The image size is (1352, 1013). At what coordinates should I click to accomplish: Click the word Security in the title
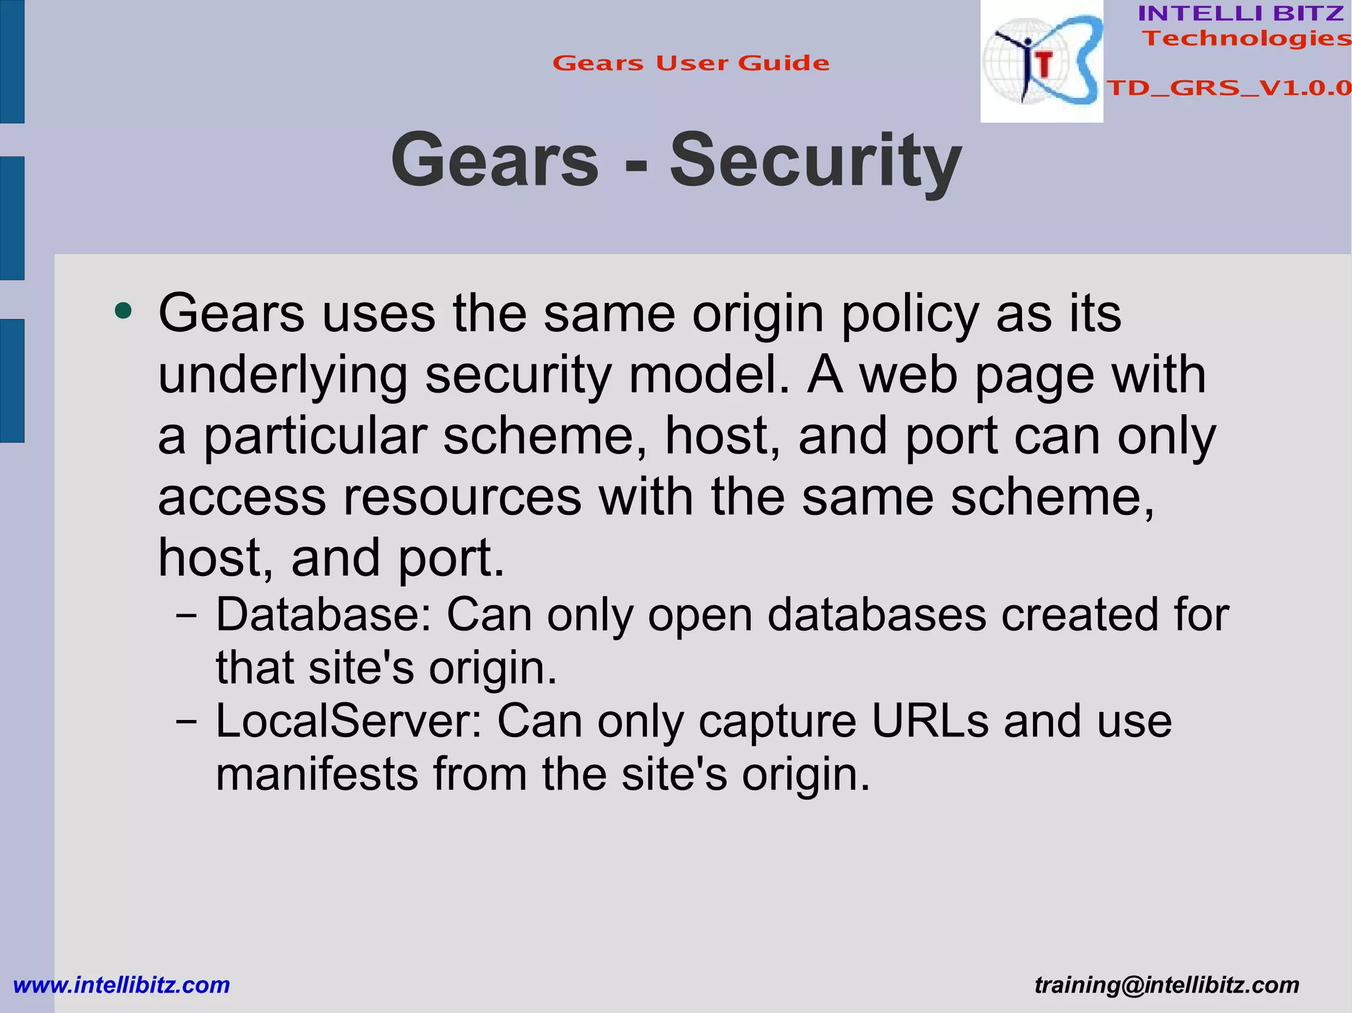coord(815,160)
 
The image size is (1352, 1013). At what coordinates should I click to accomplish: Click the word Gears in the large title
coord(494,160)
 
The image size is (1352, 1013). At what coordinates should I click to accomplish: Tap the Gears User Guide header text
coord(691,63)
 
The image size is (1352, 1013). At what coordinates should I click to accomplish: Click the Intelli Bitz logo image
coord(1041,61)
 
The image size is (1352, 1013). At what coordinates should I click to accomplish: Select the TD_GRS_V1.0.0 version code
coord(1229,88)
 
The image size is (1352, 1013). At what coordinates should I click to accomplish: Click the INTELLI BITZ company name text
coord(1240,13)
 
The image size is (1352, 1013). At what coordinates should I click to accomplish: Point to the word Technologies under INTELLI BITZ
coord(1246,38)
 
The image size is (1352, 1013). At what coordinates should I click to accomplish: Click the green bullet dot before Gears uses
coord(123,310)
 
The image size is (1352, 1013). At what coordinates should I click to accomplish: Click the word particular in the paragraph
coord(314,436)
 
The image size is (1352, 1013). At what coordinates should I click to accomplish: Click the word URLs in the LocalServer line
coord(929,721)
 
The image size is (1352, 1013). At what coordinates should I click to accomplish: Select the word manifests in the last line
coord(317,774)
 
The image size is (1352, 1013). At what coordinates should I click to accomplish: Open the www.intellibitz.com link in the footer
coord(121,985)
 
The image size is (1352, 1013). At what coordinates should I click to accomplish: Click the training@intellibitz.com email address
coord(1166,985)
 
